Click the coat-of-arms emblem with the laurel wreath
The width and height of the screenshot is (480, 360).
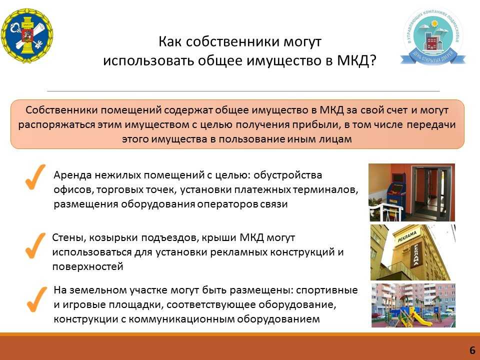[x=27, y=35]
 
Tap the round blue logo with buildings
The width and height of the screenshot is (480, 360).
[x=432, y=37]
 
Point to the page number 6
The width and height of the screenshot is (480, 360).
[x=472, y=350]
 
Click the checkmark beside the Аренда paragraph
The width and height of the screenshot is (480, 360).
[x=35, y=177]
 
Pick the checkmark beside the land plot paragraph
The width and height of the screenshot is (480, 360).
[x=36, y=299]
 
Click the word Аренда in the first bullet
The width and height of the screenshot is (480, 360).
[x=72, y=175]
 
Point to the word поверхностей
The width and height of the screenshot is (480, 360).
[x=88, y=266]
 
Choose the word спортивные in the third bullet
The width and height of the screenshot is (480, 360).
[x=327, y=290]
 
